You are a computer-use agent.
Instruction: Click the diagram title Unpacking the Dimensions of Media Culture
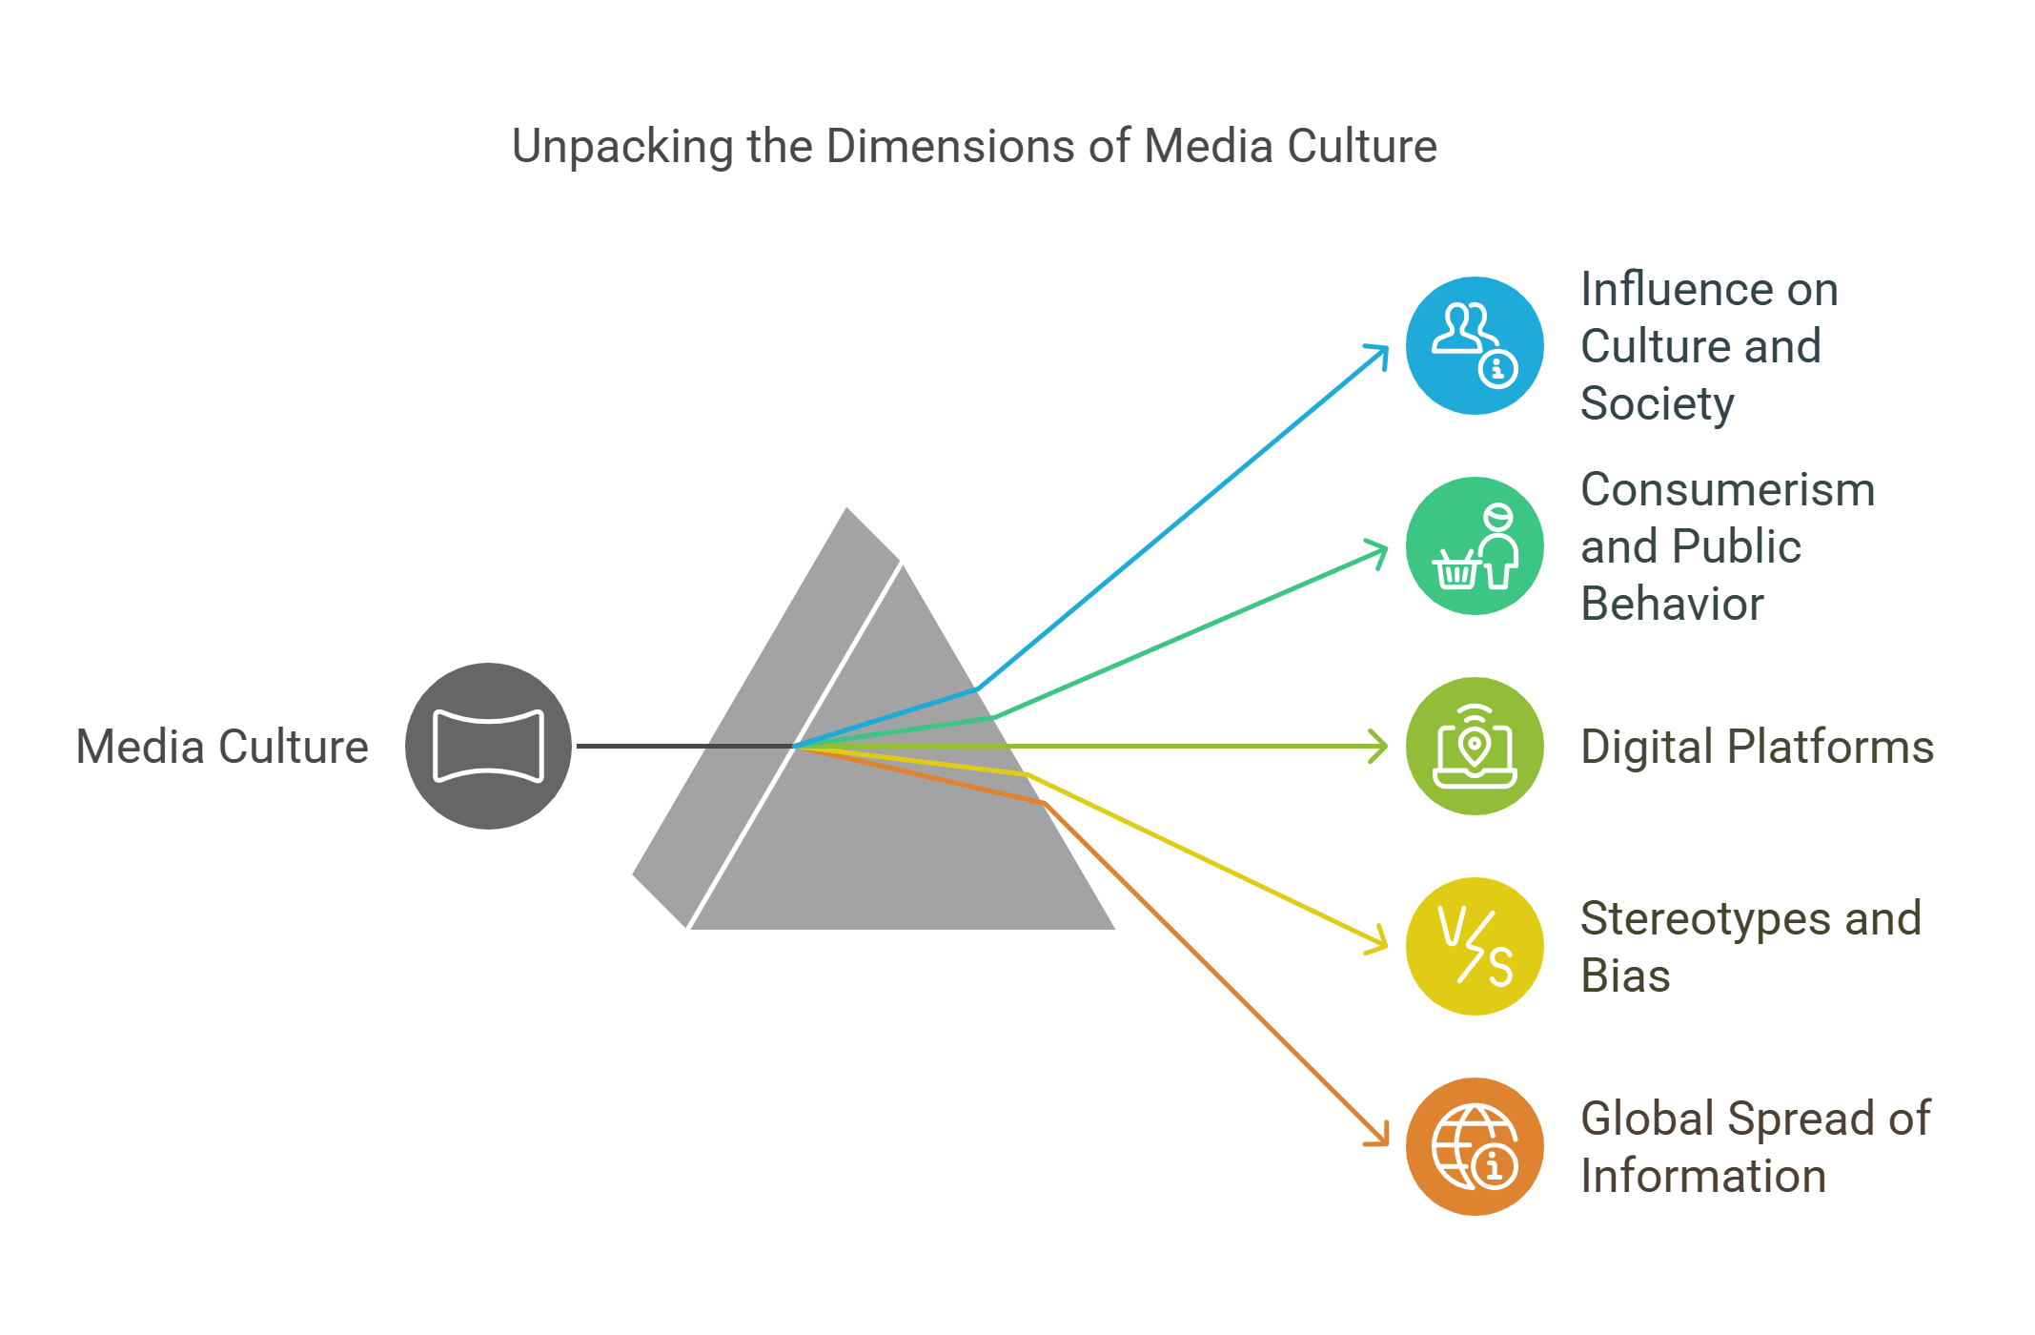973,147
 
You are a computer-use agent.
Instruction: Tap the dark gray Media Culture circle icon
488,746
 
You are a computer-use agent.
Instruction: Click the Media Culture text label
221,747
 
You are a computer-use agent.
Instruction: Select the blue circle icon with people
1475,345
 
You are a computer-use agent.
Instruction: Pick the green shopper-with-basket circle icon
1475,545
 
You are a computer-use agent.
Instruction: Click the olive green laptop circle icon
1475,746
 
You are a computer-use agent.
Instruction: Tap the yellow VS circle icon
1475,946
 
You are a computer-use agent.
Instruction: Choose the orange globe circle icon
1475,1146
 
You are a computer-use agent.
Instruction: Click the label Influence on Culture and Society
1708,345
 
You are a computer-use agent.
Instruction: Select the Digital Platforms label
1757,747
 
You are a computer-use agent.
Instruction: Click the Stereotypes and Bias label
1749,946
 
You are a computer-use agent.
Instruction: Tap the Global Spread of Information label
1754,1146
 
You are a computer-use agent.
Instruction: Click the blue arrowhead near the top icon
1380,353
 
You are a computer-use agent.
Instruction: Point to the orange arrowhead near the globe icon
1380,1137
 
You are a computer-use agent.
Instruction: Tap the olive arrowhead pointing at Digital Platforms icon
1380,746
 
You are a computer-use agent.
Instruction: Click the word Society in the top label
1657,403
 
